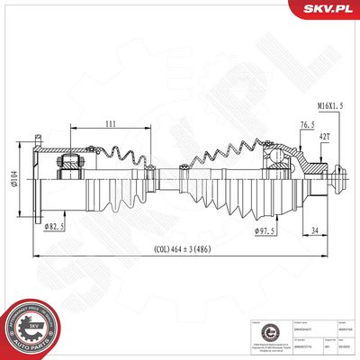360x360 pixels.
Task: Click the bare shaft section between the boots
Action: tap(166, 181)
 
